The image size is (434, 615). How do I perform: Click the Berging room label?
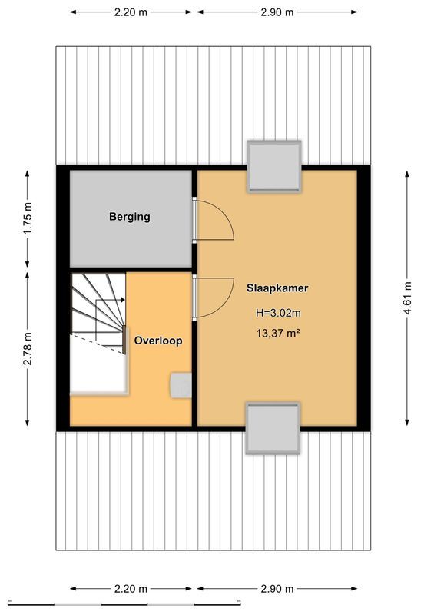[129, 217]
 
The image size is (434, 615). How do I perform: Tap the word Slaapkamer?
[277, 288]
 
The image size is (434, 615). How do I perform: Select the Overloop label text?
[158, 340]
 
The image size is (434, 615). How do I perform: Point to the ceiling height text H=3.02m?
[278, 313]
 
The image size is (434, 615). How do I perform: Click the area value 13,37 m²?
[278, 333]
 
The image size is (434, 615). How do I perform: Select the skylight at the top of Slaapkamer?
[273, 166]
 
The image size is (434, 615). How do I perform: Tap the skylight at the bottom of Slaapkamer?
[272, 427]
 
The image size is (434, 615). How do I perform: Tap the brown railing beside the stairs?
[124, 339]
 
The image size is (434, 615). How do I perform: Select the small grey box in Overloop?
[181, 385]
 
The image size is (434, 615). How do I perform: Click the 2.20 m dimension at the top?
[131, 13]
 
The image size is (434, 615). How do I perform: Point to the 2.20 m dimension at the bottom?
[131, 589]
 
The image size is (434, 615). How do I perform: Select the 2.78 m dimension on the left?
[28, 348]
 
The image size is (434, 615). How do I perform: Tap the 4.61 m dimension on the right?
[407, 296]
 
